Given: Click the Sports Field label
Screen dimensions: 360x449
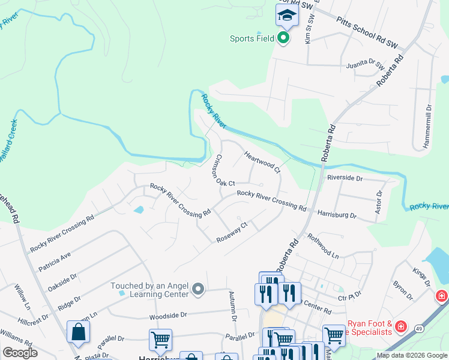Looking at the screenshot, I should tap(252, 39).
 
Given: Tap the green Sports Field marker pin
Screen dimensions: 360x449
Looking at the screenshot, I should tap(283, 39).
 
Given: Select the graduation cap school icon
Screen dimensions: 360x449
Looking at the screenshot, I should tap(287, 16).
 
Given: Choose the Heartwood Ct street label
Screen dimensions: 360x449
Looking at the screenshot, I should tap(262, 162).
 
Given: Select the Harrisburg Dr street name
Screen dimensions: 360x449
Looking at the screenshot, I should tap(337, 214).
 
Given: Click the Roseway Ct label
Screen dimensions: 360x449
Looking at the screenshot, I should tap(232, 233).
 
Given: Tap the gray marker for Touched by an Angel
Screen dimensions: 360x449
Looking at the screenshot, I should tap(200, 291).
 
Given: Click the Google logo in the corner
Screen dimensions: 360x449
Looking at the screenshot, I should tap(20, 353).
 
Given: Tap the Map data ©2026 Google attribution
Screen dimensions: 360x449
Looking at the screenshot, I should tap(411, 355).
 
